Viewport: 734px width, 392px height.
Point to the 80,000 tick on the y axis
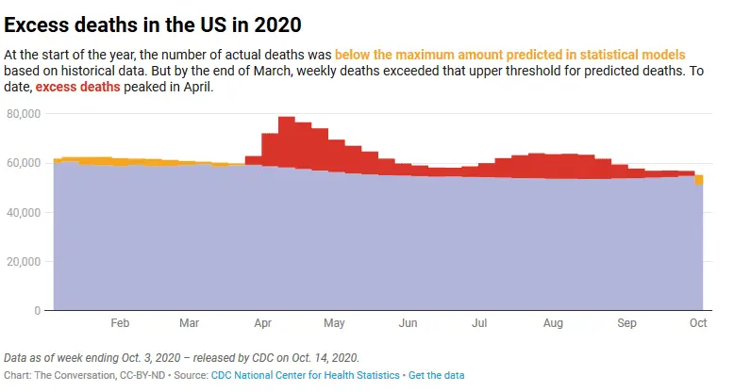pos(23,114)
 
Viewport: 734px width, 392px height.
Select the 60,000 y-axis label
pos(23,163)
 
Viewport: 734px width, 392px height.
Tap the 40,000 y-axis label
pos(23,212)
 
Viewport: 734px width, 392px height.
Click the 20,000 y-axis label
pos(23,261)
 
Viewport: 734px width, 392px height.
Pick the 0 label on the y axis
pos(37,310)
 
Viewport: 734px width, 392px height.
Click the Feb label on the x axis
pos(120,323)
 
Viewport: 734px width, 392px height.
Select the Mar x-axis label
pos(189,323)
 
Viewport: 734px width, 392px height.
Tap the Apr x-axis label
pos(263,323)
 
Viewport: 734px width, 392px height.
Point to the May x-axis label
pos(334,323)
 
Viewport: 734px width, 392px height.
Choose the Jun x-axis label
pos(408,323)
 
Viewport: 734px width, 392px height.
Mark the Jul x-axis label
pos(479,323)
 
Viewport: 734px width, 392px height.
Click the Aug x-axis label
pos(553,323)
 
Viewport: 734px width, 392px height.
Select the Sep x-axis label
pos(626,323)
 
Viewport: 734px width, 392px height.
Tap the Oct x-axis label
pos(698,323)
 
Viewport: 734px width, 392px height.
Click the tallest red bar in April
pos(287,141)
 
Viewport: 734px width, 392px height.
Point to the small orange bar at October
pos(699,180)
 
